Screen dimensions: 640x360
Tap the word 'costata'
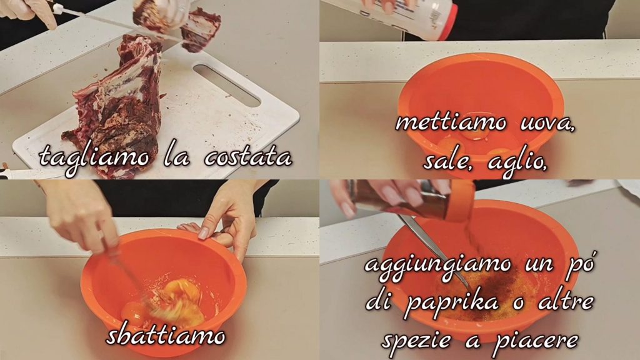pyautogui.click(x=248, y=157)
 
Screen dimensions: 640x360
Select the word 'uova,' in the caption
pyautogui.click(x=547, y=123)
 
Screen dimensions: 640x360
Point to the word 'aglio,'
pyautogui.click(x=517, y=162)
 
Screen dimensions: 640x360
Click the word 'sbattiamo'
pyautogui.click(x=166, y=336)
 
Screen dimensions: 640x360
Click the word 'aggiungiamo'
pyautogui.click(x=437, y=265)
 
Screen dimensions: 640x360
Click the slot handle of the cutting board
pyautogui.click(x=227, y=84)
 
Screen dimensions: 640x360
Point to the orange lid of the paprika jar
pyautogui.click(x=462, y=201)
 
